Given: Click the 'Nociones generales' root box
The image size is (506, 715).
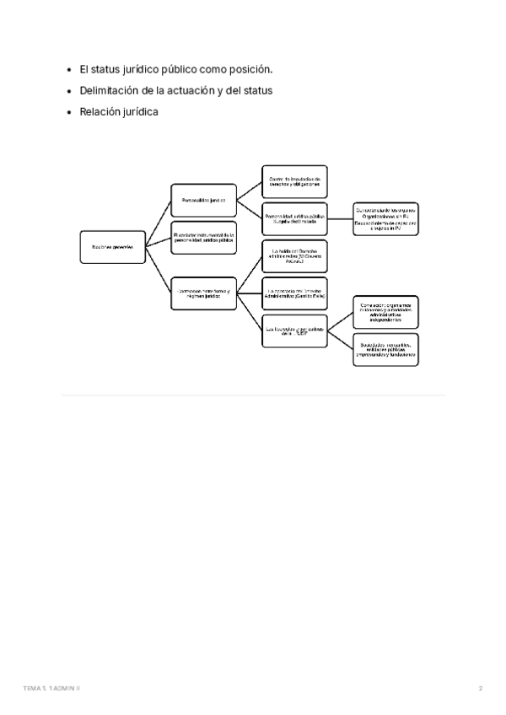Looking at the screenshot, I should click(111, 245).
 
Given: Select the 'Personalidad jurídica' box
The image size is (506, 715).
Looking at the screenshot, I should click(204, 201).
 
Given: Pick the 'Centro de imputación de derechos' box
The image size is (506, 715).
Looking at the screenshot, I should click(294, 180).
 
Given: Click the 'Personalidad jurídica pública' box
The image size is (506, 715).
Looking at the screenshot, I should click(294, 218).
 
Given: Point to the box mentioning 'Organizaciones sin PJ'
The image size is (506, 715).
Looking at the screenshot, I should click(385, 218).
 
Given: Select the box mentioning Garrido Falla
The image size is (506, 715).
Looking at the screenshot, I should click(294, 293).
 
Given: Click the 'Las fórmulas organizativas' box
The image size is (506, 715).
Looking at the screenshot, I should click(294, 330).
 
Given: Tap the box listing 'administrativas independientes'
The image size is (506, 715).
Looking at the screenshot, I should click(385, 313).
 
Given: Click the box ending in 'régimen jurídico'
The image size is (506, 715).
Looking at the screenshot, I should click(204, 291).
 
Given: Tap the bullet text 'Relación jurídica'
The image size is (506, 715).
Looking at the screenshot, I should click(119, 111).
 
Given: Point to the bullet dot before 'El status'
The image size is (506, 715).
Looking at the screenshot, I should click(69, 69).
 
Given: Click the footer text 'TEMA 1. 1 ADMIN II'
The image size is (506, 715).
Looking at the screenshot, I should click(51, 689).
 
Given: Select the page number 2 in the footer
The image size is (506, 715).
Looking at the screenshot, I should click(480, 689).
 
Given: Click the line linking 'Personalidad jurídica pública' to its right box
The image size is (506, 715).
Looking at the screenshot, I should click(339, 218).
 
